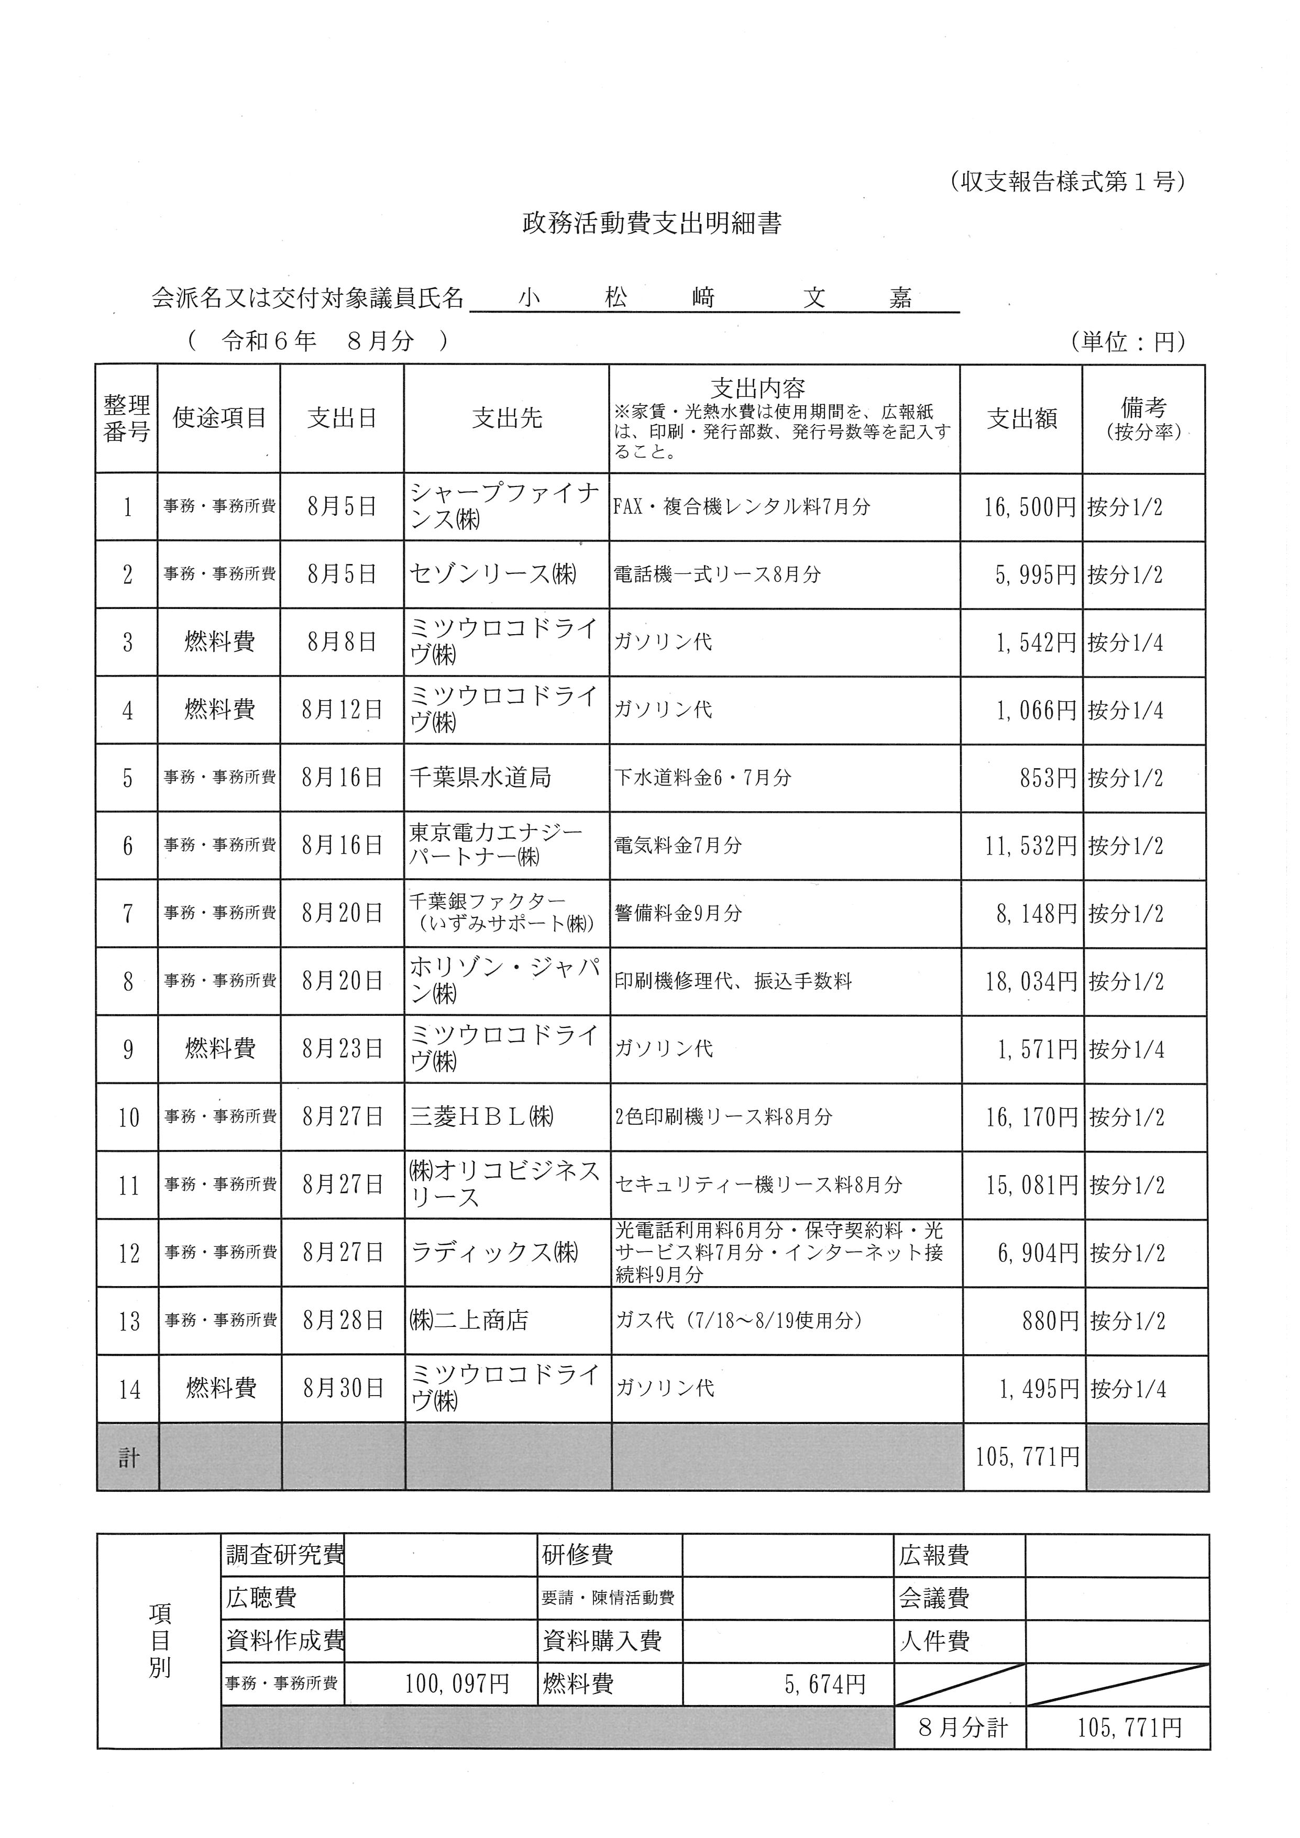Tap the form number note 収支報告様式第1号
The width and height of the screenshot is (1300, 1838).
pyautogui.click(x=1068, y=183)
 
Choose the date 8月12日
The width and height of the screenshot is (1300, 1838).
pyautogui.click(x=342, y=710)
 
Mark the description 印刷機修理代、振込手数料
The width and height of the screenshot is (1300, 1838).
pyautogui.click(x=733, y=981)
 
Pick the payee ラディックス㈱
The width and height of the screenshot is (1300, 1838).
pyautogui.click(x=494, y=1253)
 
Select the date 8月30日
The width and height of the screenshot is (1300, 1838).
pyautogui.click(x=344, y=1388)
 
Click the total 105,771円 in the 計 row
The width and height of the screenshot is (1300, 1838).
pyautogui.click(x=1027, y=1457)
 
